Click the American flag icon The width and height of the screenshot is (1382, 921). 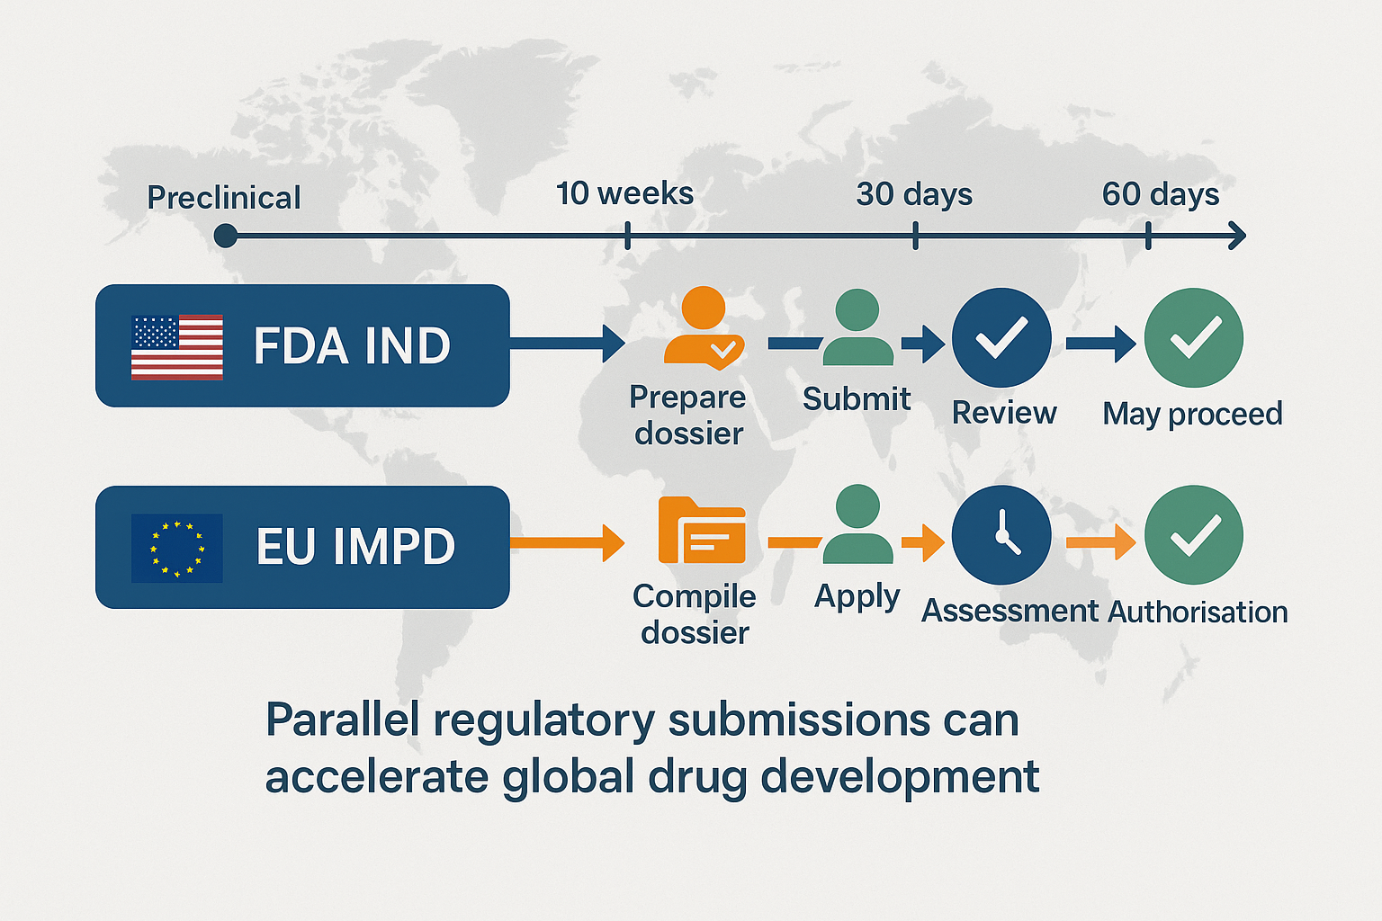177,346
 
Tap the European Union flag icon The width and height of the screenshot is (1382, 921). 177,549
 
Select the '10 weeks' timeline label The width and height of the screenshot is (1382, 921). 625,193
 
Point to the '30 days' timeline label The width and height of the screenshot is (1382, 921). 914,194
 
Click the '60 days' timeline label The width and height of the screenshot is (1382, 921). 1161,194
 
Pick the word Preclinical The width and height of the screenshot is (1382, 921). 223,198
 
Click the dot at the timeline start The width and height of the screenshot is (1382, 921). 226,236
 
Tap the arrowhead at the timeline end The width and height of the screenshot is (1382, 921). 1237,236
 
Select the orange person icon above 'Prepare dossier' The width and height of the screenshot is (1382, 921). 704,328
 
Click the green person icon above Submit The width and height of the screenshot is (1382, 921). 857,327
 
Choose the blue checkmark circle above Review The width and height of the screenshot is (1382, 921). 1001,337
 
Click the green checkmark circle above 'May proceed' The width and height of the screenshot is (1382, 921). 1194,337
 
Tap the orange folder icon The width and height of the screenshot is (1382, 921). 702,530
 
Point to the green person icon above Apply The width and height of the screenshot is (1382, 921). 857,523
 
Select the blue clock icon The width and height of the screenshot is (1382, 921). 1001,535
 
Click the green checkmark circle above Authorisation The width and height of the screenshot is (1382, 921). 1194,535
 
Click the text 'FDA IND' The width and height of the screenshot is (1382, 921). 353,346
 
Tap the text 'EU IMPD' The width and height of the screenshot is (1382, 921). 356,547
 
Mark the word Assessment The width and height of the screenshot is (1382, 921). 1010,612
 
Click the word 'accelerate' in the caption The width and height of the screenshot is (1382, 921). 377,776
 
